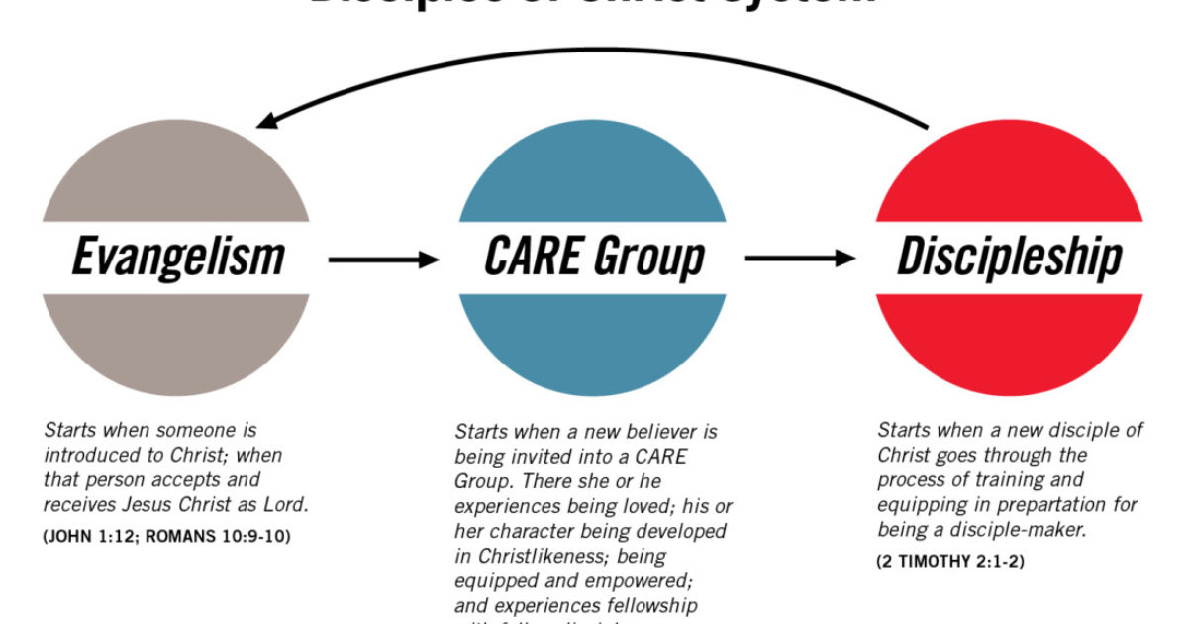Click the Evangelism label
click(x=178, y=258)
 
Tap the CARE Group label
click(x=594, y=258)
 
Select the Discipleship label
click(x=1010, y=258)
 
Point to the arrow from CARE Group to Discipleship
click(x=800, y=260)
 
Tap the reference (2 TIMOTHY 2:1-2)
click(x=950, y=562)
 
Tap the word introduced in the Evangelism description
click(x=90, y=456)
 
